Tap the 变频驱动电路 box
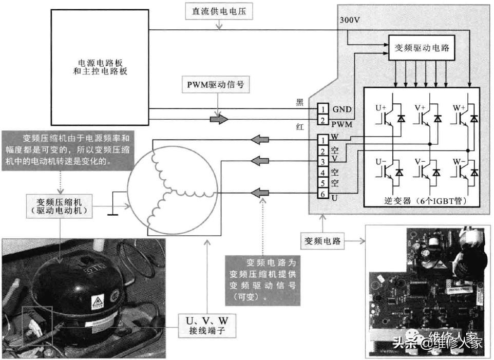[422, 48]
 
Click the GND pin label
[342, 109]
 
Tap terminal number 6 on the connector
[322, 194]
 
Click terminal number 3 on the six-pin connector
[322, 162]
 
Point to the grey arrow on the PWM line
[219, 120]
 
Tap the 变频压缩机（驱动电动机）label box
[61, 205]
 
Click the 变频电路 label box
[323, 240]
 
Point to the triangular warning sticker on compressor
[97, 301]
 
